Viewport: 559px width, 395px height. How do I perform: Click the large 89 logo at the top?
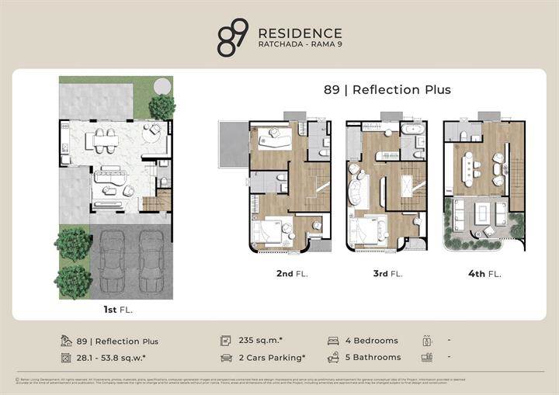233,38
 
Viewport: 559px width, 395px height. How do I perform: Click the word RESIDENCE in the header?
299,33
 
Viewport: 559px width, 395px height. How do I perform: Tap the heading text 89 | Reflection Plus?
387,89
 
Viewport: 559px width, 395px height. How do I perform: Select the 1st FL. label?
114,310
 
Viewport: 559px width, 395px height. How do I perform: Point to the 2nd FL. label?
290,273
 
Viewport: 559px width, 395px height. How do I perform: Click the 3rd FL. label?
386,273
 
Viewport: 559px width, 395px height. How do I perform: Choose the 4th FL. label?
484,273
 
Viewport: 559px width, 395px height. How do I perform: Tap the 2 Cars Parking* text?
272,358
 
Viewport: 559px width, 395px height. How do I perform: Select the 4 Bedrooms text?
372,341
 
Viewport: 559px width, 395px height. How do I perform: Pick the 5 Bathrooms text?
373,358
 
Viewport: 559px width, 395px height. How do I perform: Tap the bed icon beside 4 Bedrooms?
333,341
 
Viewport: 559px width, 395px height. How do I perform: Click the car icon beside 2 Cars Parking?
227,358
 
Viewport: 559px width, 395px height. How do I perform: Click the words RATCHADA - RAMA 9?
299,45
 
